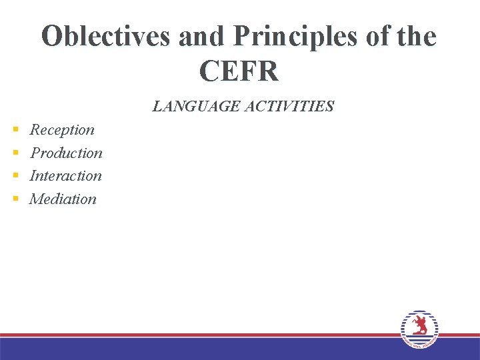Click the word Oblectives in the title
click(106, 37)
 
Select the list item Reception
click(62, 130)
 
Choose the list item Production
click(66, 153)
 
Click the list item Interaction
click(65, 176)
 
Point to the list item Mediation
click(63, 199)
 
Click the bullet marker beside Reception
click(15, 130)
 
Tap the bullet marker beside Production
click(15, 153)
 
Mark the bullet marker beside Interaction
click(15, 176)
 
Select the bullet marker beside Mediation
click(15, 199)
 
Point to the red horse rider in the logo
click(419, 326)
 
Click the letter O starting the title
click(51, 37)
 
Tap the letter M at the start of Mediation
click(36, 199)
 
